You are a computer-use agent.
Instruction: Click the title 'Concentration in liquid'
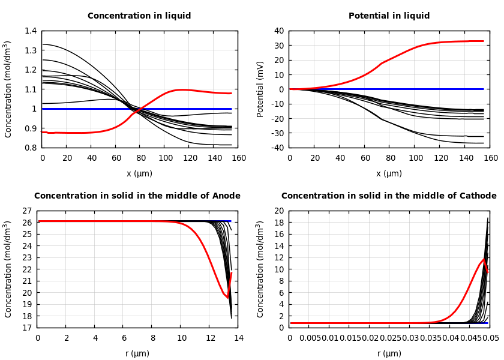[139, 16]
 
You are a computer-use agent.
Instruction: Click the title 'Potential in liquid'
[389, 16]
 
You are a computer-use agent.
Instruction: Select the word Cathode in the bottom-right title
[476, 196]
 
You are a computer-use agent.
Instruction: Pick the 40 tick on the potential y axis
[278, 31]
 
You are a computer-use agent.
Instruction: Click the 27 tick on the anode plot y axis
[26, 211]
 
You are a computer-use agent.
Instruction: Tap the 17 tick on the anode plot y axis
[26, 328]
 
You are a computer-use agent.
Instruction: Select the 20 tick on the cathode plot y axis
[278, 211]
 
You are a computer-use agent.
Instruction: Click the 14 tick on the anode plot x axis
[238, 338]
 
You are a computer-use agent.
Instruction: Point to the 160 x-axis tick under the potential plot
[490, 158]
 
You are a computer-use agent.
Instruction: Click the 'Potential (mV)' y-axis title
[260, 89]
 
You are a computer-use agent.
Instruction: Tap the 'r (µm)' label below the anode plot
[137, 353]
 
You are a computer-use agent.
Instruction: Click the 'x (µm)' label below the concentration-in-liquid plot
[139, 173]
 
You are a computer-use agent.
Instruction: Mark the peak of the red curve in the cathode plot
[484, 259]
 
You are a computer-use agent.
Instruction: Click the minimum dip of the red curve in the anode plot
[227, 297]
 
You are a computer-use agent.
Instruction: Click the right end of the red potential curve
[483, 41]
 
